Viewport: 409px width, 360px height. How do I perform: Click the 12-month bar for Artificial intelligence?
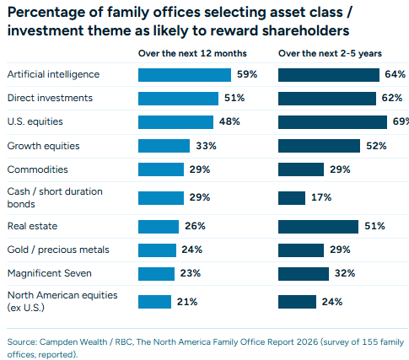pyautogui.click(x=185, y=75)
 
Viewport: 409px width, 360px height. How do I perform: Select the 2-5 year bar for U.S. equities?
pyautogui.click(x=332, y=122)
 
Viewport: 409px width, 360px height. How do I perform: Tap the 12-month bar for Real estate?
pyautogui.click(x=159, y=227)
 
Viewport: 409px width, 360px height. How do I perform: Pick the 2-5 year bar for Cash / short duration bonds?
pyautogui.click(x=292, y=198)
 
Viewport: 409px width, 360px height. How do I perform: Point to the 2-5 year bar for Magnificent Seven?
pyautogui.click(x=304, y=274)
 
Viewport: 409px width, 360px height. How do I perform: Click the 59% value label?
pyautogui.click(x=247, y=74)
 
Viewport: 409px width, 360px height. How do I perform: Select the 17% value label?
pyautogui.click(x=321, y=197)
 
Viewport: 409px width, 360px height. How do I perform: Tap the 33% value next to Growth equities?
pyautogui.click(x=206, y=146)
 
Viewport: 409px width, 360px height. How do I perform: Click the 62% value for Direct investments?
pyautogui.click(x=392, y=98)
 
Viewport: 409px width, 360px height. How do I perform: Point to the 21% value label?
pyautogui.click(x=187, y=302)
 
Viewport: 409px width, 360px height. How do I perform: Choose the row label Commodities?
pyautogui.click(x=37, y=169)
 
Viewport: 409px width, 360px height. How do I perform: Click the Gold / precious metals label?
pyautogui.click(x=58, y=250)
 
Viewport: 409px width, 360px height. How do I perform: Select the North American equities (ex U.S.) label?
pyautogui.click(x=62, y=301)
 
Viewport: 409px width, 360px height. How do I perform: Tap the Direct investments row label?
pyautogui.click(x=50, y=98)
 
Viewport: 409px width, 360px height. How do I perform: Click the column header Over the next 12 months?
pyautogui.click(x=192, y=53)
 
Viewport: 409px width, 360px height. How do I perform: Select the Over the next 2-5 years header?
pyautogui.click(x=330, y=53)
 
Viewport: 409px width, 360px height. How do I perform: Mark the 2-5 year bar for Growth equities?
pyautogui.click(x=319, y=146)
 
